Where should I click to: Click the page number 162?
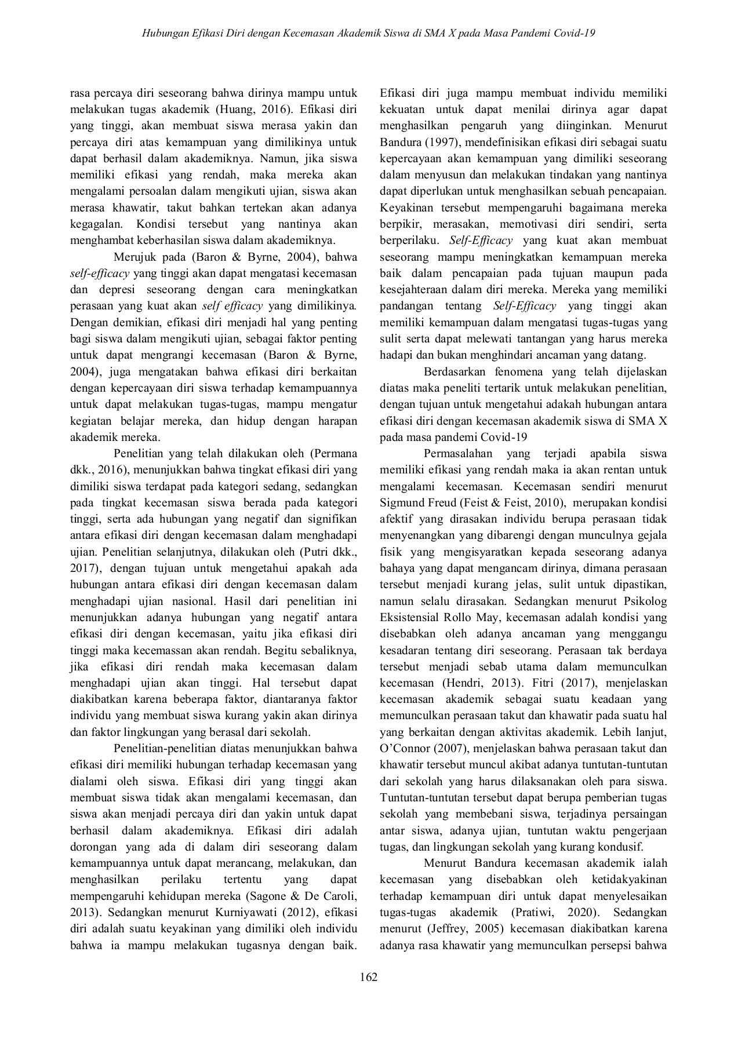tap(369, 978)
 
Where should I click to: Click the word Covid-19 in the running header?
tap(575, 33)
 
